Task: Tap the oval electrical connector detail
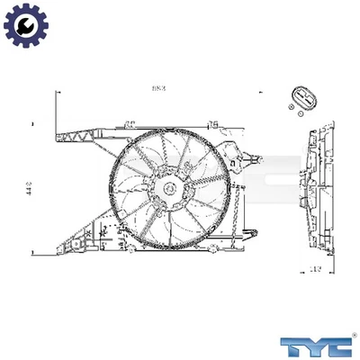coord(302,96)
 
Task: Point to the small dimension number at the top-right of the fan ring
coord(212,121)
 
